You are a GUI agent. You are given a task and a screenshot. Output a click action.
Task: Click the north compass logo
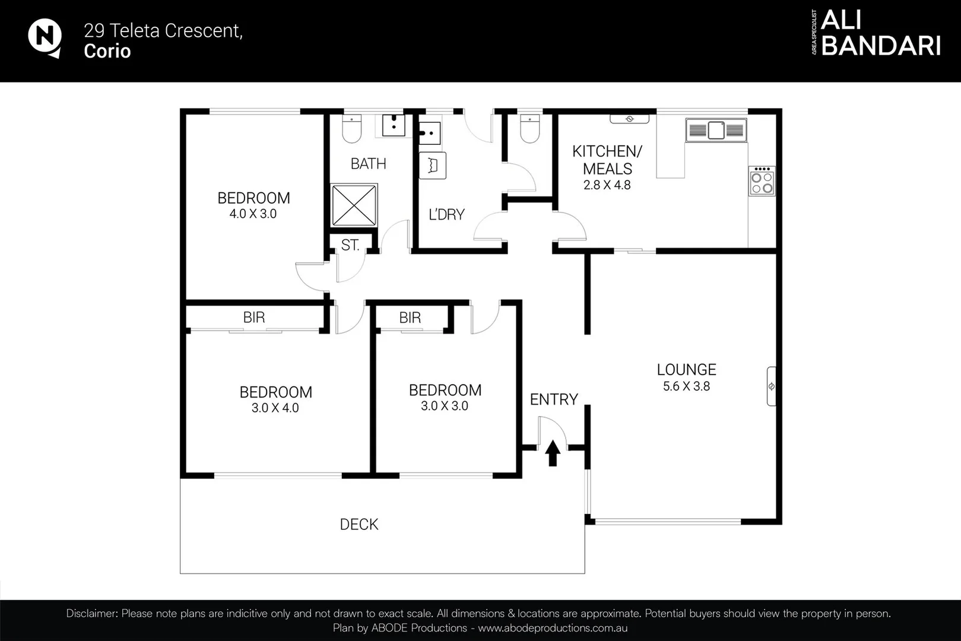(x=45, y=38)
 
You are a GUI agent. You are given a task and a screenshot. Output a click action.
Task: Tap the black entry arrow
(x=553, y=453)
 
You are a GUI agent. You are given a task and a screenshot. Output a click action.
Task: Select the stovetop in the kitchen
(x=762, y=181)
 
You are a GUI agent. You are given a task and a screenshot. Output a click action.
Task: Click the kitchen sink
(x=716, y=130)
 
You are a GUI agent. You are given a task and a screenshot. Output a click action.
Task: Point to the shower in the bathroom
(x=354, y=205)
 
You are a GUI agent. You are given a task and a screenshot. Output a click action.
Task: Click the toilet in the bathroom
(x=352, y=128)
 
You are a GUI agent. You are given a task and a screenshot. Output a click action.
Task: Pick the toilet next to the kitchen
(x=530, y=128)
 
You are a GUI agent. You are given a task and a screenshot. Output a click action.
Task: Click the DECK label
(x=359, y=524)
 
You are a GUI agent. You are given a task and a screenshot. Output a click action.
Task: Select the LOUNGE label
(x=686, y=369)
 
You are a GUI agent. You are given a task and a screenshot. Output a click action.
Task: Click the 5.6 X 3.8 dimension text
(x=686, y=386)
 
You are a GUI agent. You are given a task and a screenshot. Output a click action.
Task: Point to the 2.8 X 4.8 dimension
(x=607, y=185)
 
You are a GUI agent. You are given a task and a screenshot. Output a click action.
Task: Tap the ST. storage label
(x=350, y=245)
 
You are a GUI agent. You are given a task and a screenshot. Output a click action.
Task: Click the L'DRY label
(x=446, y=214)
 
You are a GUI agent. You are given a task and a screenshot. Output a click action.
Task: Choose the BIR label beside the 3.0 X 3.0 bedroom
(x=410, y=318)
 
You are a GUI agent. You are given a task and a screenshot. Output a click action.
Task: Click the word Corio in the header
(x=107, y=51)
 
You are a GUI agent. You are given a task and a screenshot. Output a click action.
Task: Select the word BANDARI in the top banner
(x=881, y=46)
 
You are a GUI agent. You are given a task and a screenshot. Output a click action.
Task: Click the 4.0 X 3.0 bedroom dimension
(x=253, y=214)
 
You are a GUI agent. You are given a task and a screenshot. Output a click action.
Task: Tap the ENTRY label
(x=554, y=399)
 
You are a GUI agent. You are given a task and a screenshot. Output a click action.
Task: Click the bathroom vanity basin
(x=394, y=125)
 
